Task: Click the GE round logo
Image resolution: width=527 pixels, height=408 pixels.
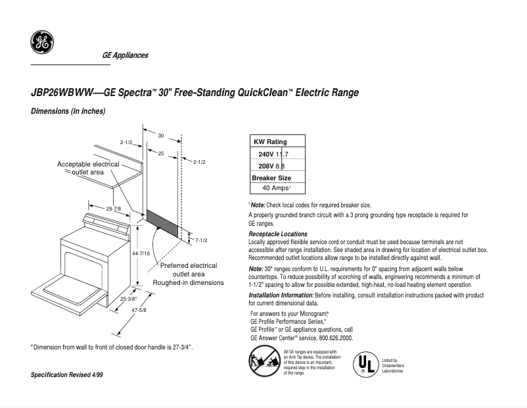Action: point(42,43)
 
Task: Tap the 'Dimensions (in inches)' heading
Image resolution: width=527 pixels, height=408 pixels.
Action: point(68,112)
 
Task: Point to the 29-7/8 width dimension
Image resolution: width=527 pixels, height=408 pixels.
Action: point(114,208)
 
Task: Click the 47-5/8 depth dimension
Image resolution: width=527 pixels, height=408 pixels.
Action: point(138,310)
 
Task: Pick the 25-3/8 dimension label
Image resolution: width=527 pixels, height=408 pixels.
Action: point(129,298)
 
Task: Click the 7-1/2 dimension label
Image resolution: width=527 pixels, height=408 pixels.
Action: point(201,240)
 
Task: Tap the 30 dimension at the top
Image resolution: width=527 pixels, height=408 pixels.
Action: point(160,135)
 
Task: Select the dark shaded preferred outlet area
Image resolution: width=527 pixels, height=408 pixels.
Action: point(162,222)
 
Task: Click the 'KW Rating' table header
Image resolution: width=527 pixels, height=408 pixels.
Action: point(270,141)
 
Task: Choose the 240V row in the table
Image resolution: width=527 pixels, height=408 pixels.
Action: point(270,154)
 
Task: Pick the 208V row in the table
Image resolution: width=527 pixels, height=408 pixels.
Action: point(270,166)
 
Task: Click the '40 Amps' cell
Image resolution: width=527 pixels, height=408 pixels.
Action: point(277,188)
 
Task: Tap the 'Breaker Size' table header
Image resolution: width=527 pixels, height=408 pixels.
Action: point(271,178)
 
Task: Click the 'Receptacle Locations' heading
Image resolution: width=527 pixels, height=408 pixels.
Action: point(278,234)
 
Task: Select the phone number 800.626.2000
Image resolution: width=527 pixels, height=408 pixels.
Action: point(332,338)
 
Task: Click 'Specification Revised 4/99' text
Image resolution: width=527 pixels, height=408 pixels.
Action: point(68,374)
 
